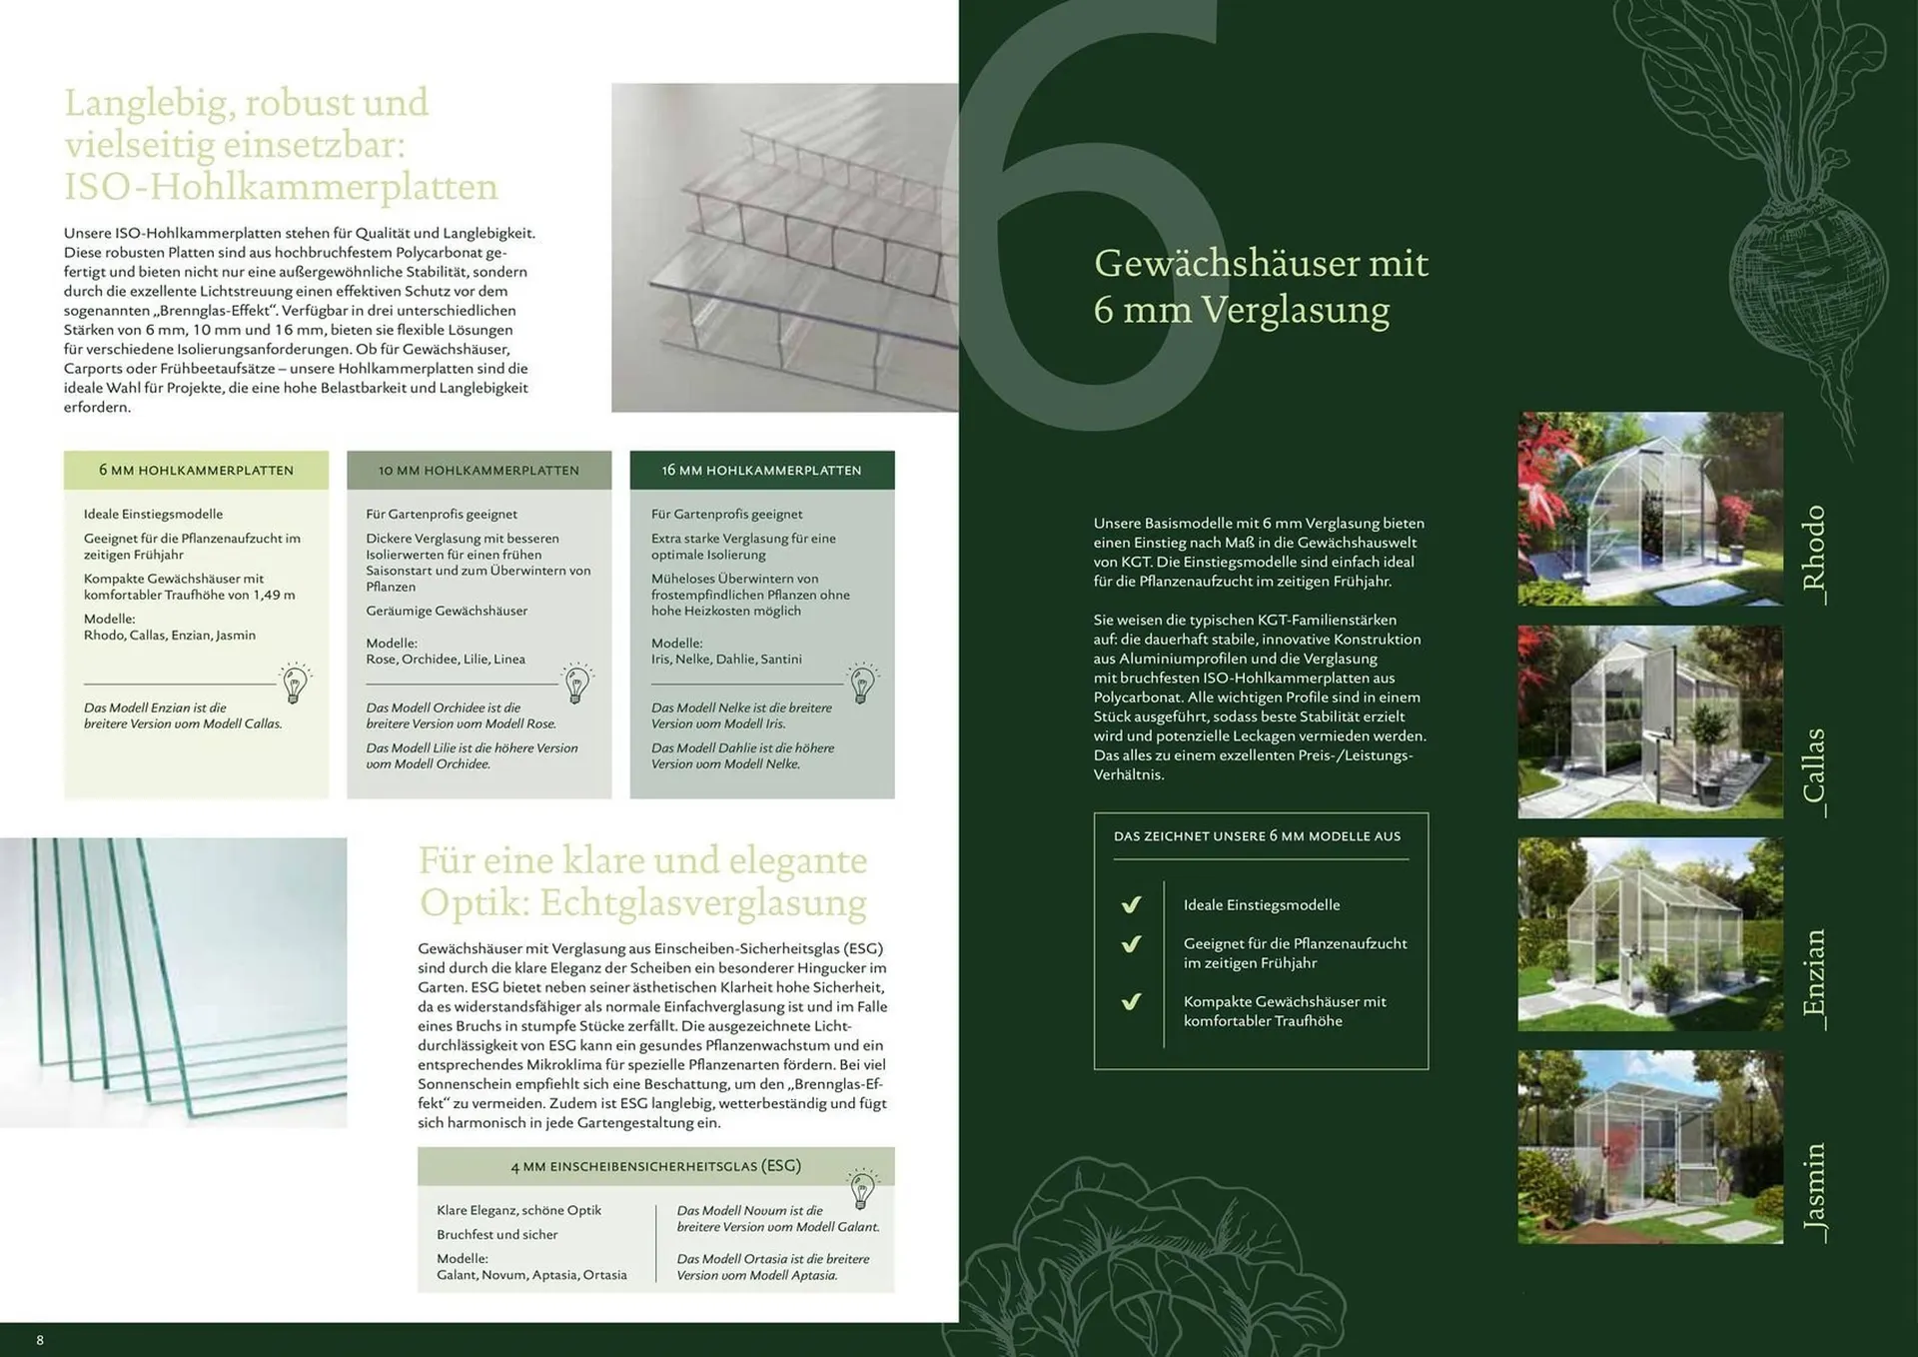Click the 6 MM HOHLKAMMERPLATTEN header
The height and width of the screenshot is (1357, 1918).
[x=196, y=470]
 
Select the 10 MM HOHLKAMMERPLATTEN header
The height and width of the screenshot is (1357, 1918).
[x=479, y=470]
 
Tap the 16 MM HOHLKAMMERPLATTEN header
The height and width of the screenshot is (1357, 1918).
[x=761, y=470]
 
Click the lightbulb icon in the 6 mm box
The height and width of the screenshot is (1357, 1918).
[x=295, y=683]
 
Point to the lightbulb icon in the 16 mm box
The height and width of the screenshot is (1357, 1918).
[x=862, y=683]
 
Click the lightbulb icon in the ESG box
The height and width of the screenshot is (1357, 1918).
[x=862, y=1189]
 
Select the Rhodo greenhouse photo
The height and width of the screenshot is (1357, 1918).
[x=1650, y=509]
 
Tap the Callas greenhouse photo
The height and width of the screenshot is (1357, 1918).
[x=1650, y=722]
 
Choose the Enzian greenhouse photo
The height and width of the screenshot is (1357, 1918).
[x=1650, y=934]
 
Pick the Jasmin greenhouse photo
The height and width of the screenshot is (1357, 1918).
[x=1650, y=1147]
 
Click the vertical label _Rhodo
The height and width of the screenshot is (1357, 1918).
[x=1814, y=554]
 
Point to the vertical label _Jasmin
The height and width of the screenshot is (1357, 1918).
[x=1814, y=1193]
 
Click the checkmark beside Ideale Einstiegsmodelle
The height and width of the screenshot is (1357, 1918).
[x=1131, y=904]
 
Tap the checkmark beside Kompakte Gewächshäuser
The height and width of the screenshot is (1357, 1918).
[x=1131, y=1001]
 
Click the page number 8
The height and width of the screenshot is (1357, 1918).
[x=40, y=1340]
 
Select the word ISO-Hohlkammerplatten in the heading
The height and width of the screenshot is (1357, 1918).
[x=281, y=187]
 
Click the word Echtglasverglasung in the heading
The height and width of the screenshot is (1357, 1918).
[x=703, y=902]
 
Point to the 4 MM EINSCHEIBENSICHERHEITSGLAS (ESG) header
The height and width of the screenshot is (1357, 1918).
[x=655, y=1166]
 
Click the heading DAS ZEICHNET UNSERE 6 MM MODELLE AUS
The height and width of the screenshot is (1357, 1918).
[x=1257, y=836]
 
